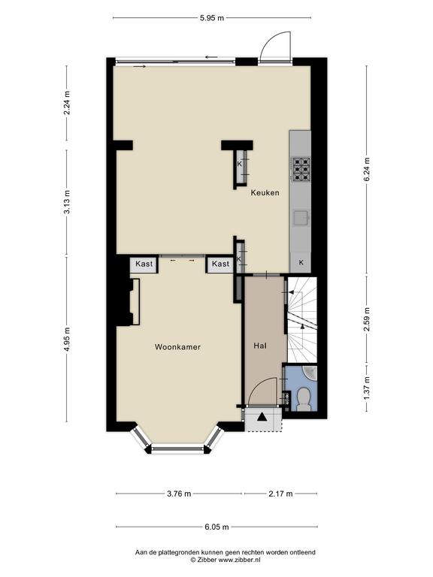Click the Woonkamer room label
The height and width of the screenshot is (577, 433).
[177, 347]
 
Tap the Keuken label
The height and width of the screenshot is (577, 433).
[265, 192]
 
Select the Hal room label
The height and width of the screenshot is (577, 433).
[260, 346]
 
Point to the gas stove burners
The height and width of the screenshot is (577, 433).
[301, 169]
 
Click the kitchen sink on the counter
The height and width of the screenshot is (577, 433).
[301, 218]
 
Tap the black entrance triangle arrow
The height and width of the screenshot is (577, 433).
[262, 416]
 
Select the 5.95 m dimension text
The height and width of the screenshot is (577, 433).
[212, 18]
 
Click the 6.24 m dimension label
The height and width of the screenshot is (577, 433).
[367, 169]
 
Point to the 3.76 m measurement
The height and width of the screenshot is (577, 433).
[179, 494]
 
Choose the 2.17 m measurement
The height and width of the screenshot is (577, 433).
[280, 494]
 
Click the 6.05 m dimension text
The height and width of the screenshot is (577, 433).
[216, 527]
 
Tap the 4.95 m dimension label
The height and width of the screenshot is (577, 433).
[67, 340]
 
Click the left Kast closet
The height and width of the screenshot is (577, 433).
[144, 264]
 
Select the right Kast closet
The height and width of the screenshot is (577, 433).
[220, 264]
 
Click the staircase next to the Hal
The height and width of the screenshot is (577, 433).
[302, 319]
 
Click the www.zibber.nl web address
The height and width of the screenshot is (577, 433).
[240, 559]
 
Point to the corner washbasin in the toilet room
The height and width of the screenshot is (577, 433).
[311, 372]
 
